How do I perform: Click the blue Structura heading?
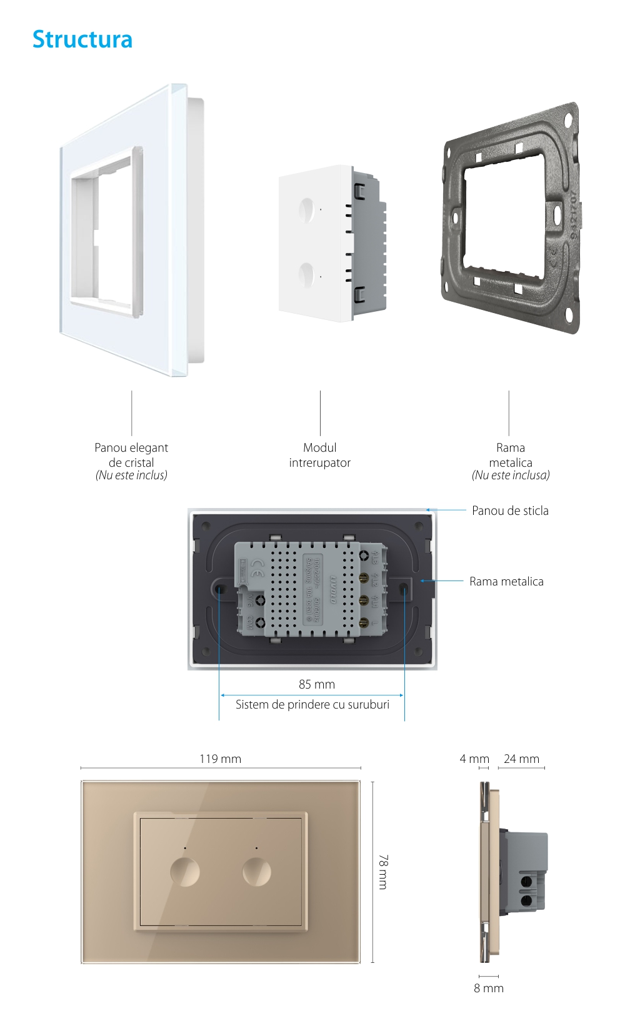(82, 39)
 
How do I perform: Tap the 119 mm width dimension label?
(220, 759)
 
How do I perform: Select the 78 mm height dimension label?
(382, 872)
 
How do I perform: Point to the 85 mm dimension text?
(316, 684)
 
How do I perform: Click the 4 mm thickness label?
(474, 759)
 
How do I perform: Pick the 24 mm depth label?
(521, 759)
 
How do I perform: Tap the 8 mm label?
(489, 988)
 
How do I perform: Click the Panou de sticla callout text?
(510, 510)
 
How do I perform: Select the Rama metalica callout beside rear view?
(506, 581)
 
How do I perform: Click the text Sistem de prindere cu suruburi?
(312, 704)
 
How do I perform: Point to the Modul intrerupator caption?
(319, 455)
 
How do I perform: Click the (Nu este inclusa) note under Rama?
(511, 476)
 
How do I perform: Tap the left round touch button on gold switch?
(185, 871)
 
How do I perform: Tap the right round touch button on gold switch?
(257, 871)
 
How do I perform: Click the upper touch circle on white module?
(306, 210)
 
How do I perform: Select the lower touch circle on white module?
(306, 275)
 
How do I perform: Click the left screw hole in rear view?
(220, 588)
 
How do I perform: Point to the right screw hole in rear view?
(404, 588)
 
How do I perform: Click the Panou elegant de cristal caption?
(131, 455)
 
